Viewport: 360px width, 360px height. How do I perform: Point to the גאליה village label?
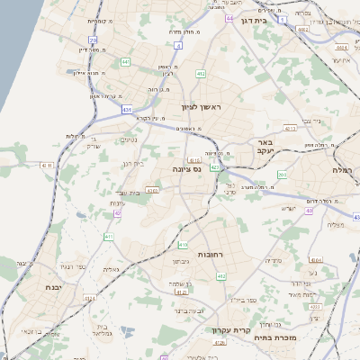111,269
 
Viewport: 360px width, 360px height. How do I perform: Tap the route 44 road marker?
229,17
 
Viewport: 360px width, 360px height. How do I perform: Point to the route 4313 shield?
290,129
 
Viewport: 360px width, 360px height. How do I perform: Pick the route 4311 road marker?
49,166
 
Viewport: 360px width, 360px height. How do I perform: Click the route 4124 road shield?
180,292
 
